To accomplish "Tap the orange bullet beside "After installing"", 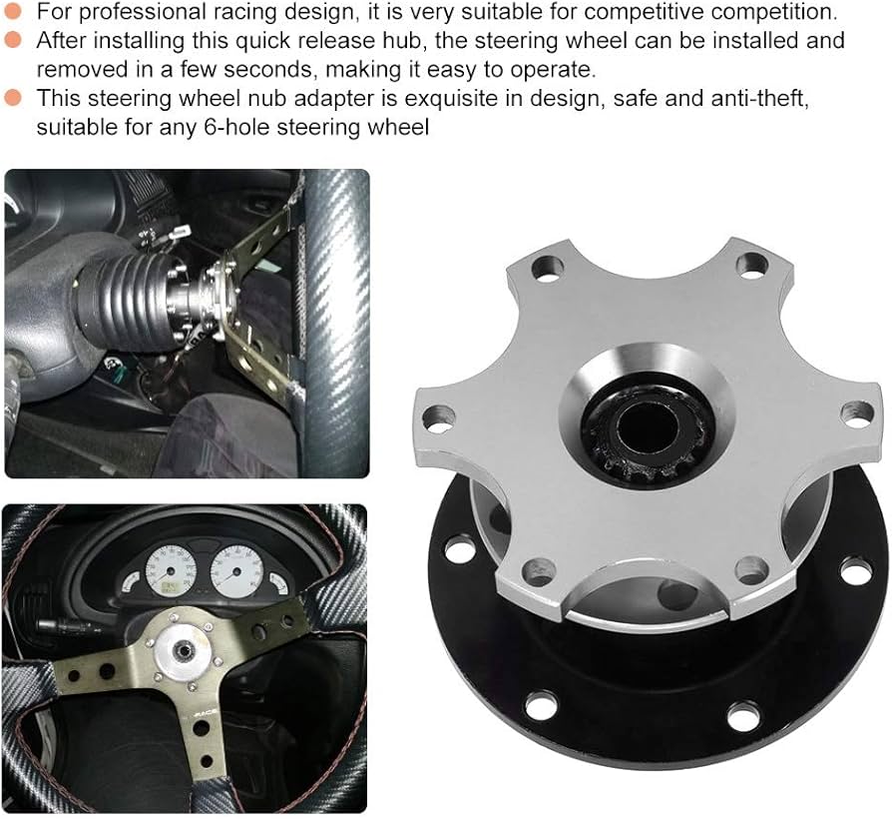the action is coord(13,39).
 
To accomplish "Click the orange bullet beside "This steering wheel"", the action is coord(13,97).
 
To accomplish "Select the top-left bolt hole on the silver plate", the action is coord(547,268).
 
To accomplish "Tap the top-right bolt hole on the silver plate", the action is coord(752,266).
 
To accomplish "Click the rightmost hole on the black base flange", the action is coord(856,570).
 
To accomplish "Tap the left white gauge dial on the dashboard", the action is coord(171,571).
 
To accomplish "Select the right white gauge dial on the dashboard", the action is coord(236,571).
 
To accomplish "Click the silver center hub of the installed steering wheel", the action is coord(183,649).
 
